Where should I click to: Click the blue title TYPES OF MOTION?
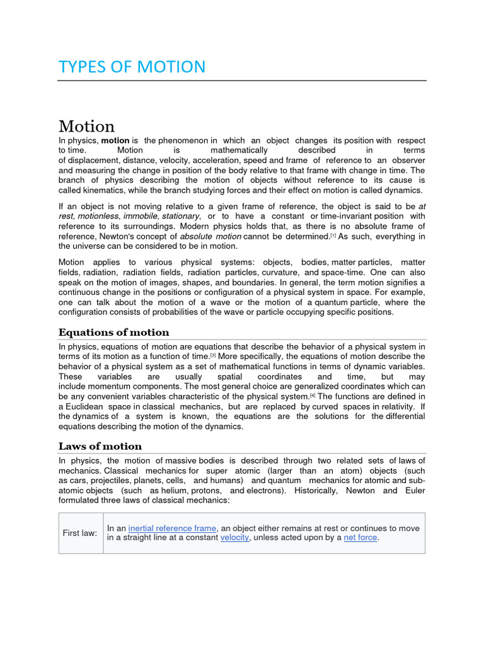(132, 67)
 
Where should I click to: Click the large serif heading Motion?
(86, 126)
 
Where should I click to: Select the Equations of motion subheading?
(113, 333)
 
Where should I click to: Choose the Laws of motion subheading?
(100, 446)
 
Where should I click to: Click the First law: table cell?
(80, 533)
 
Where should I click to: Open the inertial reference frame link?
(172, 528)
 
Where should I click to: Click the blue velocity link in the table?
(234, 538)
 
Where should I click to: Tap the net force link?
(360, 538)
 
